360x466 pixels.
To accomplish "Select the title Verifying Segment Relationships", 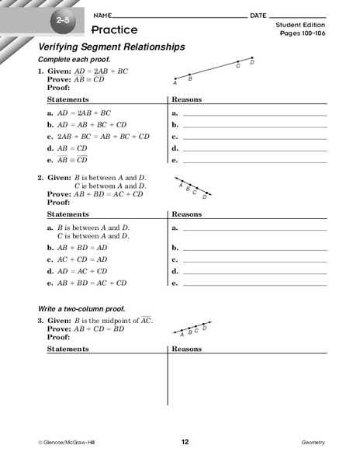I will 112,47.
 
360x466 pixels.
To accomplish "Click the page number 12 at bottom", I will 185,442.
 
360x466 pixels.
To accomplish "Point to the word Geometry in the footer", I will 313,442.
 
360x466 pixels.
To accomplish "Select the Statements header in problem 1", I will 68,99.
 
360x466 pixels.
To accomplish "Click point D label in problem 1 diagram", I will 252,61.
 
